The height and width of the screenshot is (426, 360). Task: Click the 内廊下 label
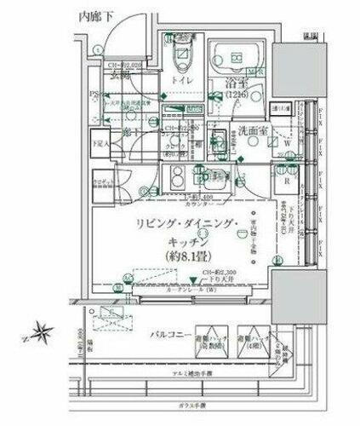[94, 14]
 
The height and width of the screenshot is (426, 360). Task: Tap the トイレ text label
[183, 81]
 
